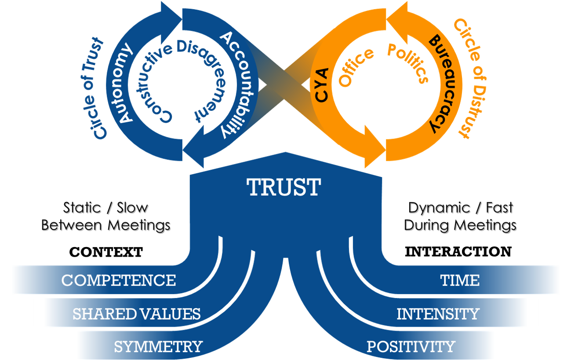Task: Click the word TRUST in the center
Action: [x=284, y=187]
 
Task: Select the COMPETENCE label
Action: [x=119, y=280]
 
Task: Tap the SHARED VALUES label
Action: [x=136, y=314]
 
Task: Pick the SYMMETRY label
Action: [x=158, y=347]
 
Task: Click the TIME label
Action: [x=460, y=280]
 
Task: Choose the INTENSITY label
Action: [x=438, y=314]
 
